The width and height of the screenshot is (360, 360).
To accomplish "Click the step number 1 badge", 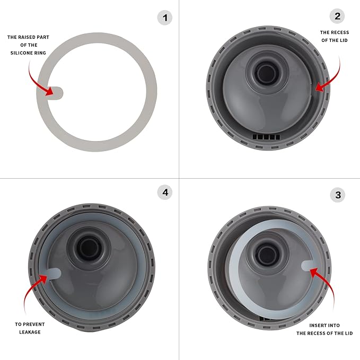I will pyautogui.click(x=165, y=18).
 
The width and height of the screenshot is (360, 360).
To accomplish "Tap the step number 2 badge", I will pyautogui.click(x=338, y=16).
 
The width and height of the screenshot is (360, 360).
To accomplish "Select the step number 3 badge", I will pyautogui.click(x=338, y=195).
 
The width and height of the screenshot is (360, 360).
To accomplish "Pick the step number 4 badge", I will pyautogui.click(x=165, y=192).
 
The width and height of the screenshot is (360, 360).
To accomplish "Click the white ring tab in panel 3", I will pyautogui.click(x=310, y=265).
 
